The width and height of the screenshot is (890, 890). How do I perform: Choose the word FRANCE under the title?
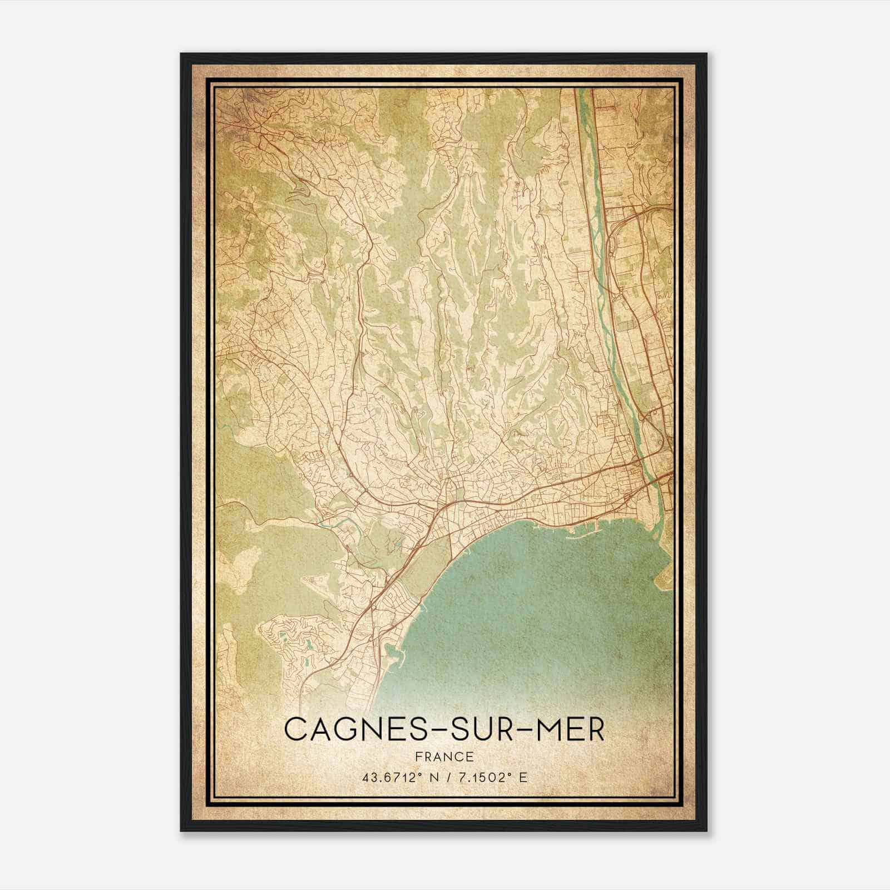tap(444, 756)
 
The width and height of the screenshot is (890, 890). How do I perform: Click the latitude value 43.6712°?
tap(389, 777)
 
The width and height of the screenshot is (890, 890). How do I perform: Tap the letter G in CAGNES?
tap(345, 729)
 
